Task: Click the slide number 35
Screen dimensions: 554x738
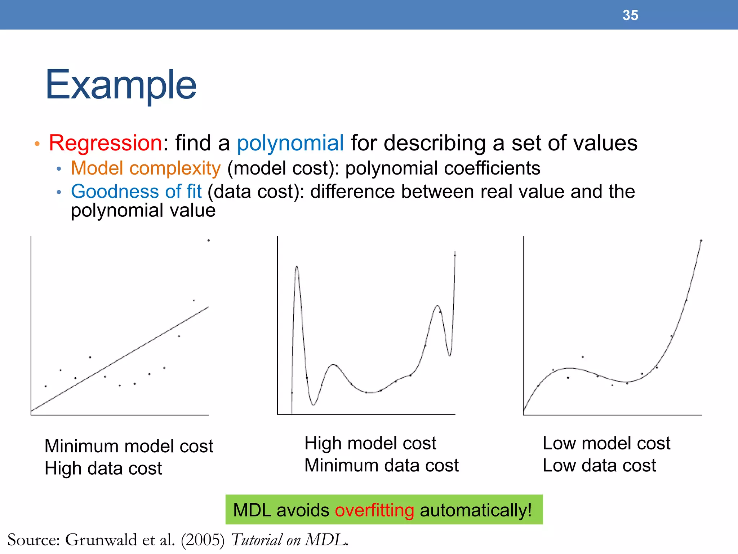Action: (x=630, y=15)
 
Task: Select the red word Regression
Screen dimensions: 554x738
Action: (x=105, y=143)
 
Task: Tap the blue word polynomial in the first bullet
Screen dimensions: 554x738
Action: (x=290, y=143)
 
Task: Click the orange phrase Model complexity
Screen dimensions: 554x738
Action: (x=146, y=168)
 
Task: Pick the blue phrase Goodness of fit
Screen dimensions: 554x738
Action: (x=136, y=192)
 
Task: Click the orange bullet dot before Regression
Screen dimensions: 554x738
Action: (x=37, y=144)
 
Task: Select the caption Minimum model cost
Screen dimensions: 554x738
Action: (x=129, y=446)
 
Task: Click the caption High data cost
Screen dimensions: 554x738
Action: (x=103, y=469)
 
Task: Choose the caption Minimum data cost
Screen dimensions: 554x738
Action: (x=381, y=465)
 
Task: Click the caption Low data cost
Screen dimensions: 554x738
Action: (x=599, y=465)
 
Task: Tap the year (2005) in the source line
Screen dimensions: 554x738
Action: (x=203, y=540)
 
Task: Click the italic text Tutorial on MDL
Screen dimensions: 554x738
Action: (x=289, y=540)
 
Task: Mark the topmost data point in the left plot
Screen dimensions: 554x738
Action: (x=208, y=240)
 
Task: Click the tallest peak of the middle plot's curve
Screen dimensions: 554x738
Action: (x=297, y=267)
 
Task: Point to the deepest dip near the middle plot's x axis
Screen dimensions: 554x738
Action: (x=313, y=405)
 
